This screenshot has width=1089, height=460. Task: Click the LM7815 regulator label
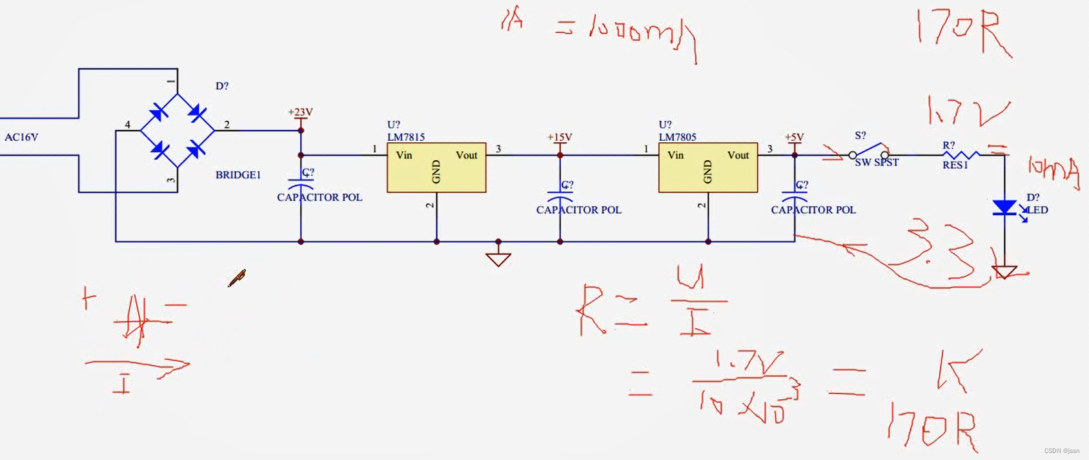[x=405, y=137]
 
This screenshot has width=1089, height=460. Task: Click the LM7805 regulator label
[x=677, y=137]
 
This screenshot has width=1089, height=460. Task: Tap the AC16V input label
[x=21, y=137]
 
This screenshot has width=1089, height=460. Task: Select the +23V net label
[x=300, y=112]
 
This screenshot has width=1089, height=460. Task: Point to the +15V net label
[x=560, y=137]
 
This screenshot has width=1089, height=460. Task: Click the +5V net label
[x=794, y=137]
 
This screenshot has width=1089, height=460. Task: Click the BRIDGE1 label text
[x=238, y=175]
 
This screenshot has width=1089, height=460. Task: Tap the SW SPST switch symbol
[x=869, y=152]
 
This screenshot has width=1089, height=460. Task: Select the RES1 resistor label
[x=955, y=165]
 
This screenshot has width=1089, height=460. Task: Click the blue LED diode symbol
[x=1004, y=207]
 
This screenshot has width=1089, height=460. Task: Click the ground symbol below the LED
[x=1004, y=272]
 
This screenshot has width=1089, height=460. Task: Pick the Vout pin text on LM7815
[x=466, y=155]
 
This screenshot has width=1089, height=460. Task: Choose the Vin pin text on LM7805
[x=676, y=155]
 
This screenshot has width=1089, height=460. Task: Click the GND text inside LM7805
[x=707, y=172]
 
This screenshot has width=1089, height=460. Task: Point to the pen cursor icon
[x=237, y=278]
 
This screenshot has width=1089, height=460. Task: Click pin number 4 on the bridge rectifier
[x=127, y=125]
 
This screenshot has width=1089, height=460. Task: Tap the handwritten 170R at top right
[x=962, y=32]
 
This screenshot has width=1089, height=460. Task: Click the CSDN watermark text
[x=1061, y=451]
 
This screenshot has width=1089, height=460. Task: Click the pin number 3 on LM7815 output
[x=498, y=149]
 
